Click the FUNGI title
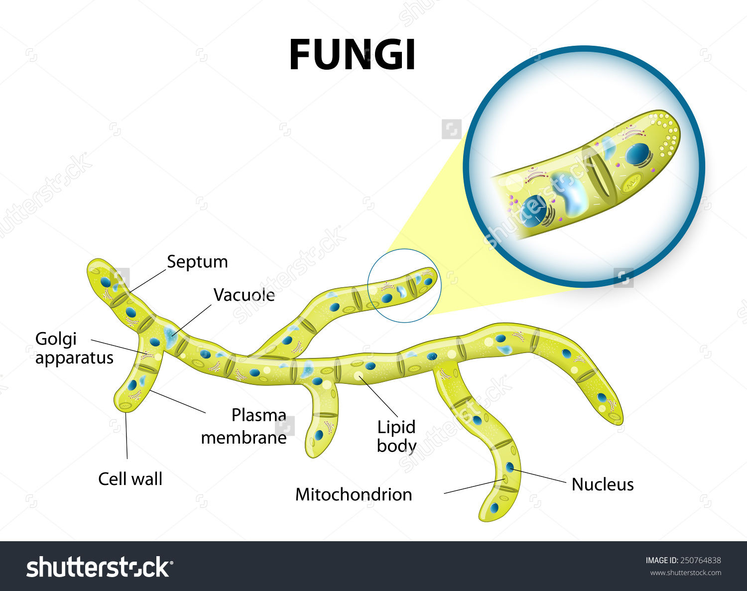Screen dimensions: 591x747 352,55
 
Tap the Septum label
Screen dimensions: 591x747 197,262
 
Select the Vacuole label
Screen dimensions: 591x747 244,295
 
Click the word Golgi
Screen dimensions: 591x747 56,339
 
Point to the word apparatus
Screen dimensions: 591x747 74,358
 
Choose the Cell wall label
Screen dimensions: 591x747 130,479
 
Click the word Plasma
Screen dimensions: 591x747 258,415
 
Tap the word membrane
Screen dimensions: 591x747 244,438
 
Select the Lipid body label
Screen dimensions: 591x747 396,436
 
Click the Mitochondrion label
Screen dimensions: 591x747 354,494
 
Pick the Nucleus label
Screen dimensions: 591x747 603,484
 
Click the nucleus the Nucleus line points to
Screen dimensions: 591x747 509,467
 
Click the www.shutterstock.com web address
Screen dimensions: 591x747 685,573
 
